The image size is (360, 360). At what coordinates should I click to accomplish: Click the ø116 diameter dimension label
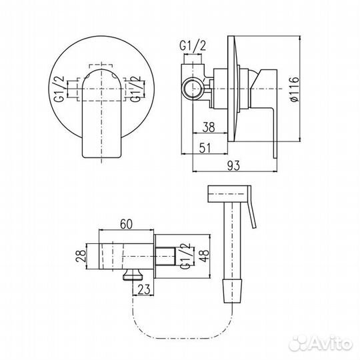click(294, 89)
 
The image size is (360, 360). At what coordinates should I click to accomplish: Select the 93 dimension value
click(233, 166)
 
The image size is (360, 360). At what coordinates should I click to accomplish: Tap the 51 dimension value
click(205, 148)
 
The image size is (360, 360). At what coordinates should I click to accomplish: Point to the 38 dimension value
click(209, 127)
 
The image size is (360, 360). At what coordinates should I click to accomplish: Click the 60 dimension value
click(126, 224)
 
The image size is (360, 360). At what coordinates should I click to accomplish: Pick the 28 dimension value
click(81, 256)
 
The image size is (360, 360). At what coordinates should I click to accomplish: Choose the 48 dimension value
click(204, 255)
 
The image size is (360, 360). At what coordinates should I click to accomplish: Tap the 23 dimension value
click(144, 289)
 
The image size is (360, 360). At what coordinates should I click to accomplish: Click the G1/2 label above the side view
click(193, 46)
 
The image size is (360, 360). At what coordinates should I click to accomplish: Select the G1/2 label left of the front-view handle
click(59, 89)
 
